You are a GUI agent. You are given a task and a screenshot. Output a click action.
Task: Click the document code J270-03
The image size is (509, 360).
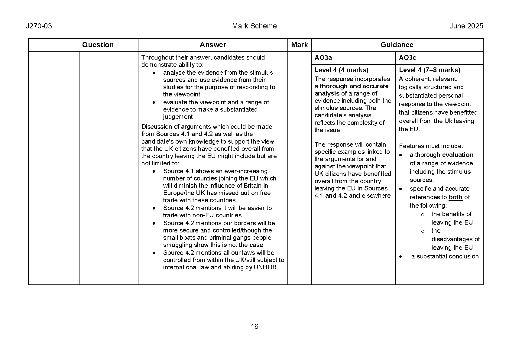39,26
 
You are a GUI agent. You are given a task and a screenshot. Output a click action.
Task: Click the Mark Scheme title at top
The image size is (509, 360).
254,26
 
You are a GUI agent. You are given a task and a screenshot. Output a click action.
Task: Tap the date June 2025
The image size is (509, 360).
466,26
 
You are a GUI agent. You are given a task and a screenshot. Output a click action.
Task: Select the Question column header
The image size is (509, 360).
98,45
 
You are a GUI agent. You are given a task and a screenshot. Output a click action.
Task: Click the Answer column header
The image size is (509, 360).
213,45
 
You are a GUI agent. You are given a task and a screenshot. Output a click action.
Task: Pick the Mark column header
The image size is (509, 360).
299,45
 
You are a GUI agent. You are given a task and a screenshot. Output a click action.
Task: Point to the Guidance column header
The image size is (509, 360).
397,45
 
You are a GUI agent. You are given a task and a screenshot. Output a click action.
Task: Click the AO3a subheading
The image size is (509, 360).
323,58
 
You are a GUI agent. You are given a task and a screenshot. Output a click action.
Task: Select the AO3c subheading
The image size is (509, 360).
407,58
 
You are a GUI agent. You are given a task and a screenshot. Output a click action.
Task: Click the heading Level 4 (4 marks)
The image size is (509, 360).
341,70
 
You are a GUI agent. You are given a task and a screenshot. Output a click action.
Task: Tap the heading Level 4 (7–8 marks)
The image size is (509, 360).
429,70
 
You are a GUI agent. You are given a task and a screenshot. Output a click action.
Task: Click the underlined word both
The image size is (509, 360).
456,197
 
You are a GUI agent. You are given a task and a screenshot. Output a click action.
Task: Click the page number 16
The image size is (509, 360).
254,326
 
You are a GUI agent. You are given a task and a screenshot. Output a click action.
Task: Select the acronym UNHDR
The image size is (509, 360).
265,268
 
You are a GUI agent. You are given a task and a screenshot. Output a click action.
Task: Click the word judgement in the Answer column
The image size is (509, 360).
178,117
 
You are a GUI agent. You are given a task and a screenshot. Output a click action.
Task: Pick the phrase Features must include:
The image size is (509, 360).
431,146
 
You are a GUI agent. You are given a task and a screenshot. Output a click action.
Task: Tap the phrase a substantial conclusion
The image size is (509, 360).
445,257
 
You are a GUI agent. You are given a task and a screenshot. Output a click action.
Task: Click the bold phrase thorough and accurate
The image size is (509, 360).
354,86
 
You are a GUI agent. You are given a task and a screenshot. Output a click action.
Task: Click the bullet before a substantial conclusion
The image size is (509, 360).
400,257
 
